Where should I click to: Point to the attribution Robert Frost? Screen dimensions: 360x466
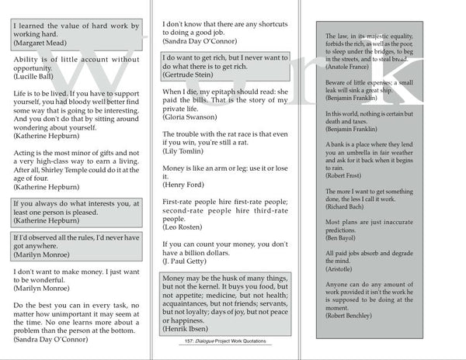click(341, 197)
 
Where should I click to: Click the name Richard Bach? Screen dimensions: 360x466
click(343, 231)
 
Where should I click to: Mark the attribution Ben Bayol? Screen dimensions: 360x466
click(338, 261)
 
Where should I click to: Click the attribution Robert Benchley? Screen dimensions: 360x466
click(347, 338)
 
